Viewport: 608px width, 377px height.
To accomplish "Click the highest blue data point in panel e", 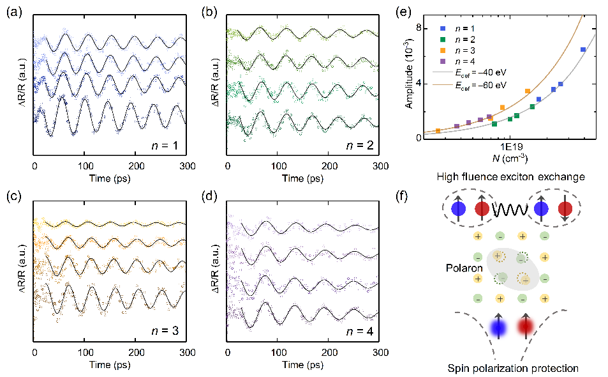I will point(583,49).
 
